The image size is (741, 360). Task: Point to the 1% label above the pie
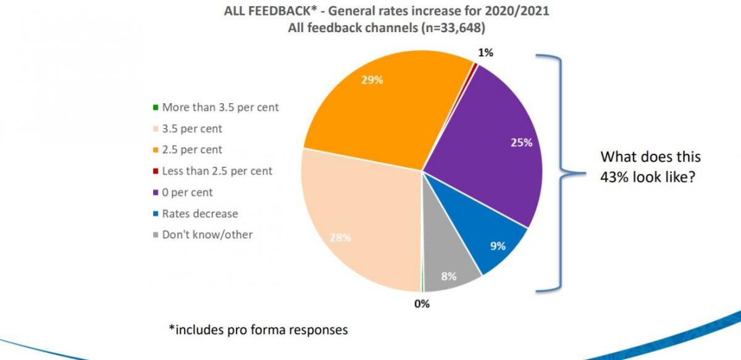[x=485, y=53]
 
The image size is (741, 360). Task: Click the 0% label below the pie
[x=422, y=304]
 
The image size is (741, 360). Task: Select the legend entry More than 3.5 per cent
[x=220, y=107]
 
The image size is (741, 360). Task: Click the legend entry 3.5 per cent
[x=191, y=128]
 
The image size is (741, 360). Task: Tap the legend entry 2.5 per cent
[x=191, y=149]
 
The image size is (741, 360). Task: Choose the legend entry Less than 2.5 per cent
[x=217, y=171]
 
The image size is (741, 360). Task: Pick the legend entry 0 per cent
[x=188, y=192]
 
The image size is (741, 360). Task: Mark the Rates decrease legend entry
[x=199, y=214]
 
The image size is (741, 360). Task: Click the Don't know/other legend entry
[x=207, y=235]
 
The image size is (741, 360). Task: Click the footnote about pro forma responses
[x=258, y=330]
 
